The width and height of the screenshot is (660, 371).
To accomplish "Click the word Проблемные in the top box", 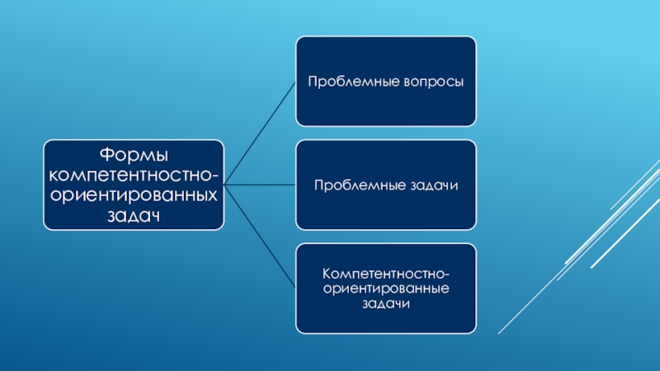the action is [x=345, y=82].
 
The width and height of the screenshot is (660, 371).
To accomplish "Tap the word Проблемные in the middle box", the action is [x=351, y=185].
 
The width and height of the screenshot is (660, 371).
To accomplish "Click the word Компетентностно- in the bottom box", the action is [x=386, y=273].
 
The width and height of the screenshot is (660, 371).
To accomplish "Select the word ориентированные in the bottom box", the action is [x=386, y=289].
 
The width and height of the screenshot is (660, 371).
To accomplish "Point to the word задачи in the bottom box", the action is [x=386, y=304].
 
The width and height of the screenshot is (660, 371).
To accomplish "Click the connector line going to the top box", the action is [x=260, y=133].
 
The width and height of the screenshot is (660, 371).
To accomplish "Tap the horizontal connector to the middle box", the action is [x=260, y=185].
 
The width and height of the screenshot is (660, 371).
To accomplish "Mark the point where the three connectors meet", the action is [x=224, y=185].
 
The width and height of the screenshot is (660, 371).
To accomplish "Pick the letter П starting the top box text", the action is [x=313, y=82].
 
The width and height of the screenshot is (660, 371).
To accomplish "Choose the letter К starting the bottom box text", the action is [x=327, y=273].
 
